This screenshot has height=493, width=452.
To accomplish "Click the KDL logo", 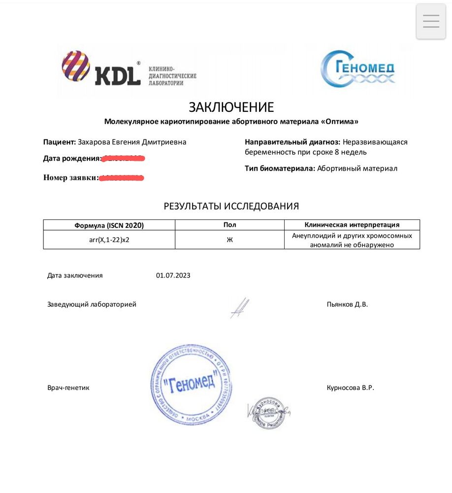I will (x=101, y=69).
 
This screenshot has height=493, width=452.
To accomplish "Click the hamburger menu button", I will (x=431, y=21).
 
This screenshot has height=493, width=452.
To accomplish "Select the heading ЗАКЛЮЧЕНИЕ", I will (x=231, y=107).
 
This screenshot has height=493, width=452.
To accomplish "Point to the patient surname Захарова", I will (x=94, y=142).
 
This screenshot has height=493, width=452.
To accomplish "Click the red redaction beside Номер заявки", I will (x=121, y=177).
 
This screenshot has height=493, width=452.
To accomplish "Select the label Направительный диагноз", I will (x=292, y=142).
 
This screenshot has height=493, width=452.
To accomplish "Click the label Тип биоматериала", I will (x=280, y=168).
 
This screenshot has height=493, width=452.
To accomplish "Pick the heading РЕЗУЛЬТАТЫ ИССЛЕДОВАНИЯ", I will (x=231, y=206).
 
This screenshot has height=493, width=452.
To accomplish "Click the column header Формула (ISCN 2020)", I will (x=109, y=225).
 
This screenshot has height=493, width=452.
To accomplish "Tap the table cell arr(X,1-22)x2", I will (x=109, y=240).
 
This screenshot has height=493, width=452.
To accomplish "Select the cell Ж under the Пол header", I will (x=229, y=240).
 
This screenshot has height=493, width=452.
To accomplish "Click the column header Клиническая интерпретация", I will (x=352, y=225).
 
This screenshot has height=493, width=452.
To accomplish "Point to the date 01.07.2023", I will (x=173, y=275).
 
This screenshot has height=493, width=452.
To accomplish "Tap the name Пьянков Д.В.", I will (x=347, y=304).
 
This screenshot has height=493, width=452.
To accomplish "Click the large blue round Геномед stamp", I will (x=191, y=385).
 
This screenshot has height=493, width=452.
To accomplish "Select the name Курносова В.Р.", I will (x=350, y=387).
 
